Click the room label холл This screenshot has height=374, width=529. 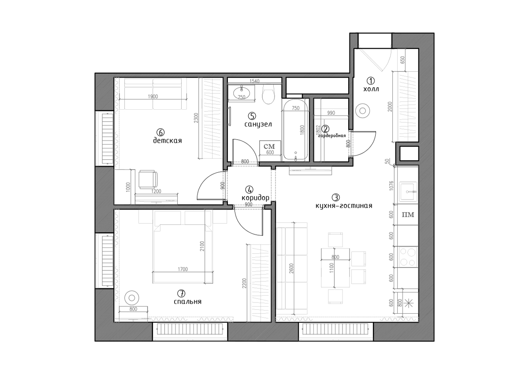(371, 89)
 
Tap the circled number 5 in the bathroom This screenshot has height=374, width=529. (252, 116)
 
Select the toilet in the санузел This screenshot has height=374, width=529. (268, 94)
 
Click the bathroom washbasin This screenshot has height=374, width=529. (242, 93)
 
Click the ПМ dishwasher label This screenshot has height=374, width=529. (408, 215)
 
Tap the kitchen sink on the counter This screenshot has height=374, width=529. (408, 193)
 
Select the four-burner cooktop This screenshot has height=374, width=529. (408, 257)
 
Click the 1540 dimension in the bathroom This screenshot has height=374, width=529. (255, 81)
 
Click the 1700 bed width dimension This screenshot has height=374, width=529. (183, 269)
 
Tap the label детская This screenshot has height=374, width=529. (168, 141)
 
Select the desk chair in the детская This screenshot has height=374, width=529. (148, 179)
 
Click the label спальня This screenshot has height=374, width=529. (187, 302)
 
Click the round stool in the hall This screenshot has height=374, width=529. (362, 111)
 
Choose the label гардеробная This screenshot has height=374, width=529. (332, 136)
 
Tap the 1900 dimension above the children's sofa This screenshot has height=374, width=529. (153, 96)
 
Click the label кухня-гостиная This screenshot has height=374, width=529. (344, 206)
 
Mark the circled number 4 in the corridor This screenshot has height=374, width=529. (249, 189)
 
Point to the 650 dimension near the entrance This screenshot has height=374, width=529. (402, 60)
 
